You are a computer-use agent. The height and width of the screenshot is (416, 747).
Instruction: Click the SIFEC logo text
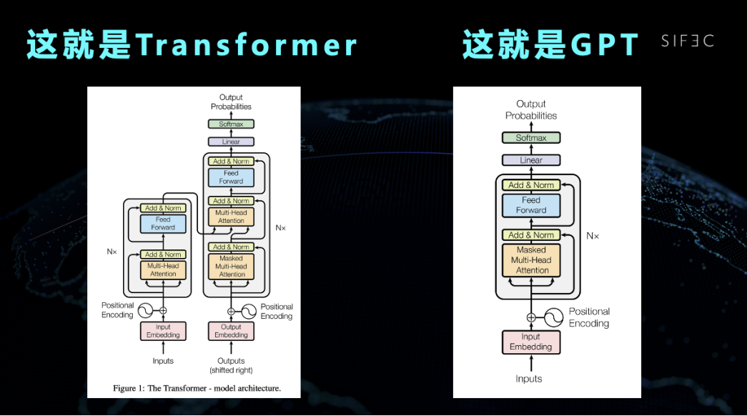coord(687,41)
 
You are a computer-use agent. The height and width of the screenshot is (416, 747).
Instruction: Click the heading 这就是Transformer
coord(192,45)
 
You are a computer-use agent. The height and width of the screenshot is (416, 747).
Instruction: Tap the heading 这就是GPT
coord(550,45)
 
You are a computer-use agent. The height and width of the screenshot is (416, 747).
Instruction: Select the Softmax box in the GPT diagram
coord(531,138)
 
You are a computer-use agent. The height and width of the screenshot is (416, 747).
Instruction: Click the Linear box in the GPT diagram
coord(531,160)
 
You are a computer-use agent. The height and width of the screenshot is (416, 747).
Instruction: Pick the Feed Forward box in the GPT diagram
coord(531,205)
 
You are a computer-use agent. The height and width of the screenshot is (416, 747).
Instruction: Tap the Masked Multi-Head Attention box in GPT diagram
coord(531,260)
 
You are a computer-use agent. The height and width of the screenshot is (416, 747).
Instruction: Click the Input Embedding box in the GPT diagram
coord(530,342)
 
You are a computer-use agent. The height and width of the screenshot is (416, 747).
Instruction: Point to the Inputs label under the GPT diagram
coord(529,379)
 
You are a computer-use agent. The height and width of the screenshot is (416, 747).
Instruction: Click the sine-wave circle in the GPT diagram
coord(555,317)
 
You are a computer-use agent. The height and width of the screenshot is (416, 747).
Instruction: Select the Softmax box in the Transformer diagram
coord(231,124)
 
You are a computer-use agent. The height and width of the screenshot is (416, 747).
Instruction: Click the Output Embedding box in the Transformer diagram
coord(231,331)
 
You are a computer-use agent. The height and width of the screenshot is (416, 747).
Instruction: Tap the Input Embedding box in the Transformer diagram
coord(163,331)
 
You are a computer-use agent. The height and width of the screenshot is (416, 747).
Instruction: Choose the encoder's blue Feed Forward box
coord(163,224)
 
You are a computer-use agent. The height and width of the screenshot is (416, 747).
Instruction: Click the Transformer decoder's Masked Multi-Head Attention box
coord(232,267)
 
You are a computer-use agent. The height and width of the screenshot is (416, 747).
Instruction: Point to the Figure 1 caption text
coord(197,389)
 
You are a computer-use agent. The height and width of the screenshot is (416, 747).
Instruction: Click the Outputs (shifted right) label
coord(231,365)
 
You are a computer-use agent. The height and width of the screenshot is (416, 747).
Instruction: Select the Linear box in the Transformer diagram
coord(231,142)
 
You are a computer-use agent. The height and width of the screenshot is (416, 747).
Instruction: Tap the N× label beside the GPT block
coord(592,235)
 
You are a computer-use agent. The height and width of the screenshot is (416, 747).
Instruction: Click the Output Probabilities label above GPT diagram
coord(531,109)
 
